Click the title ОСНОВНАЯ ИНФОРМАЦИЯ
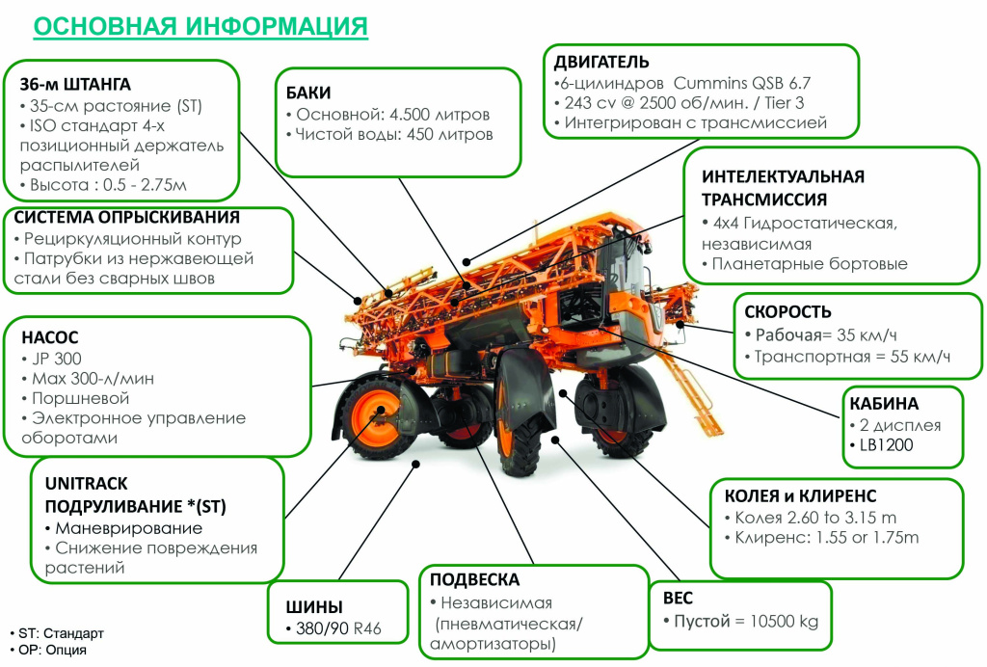click(200, 25)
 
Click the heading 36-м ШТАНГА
click(75, 84)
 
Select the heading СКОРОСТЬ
click(787, 312)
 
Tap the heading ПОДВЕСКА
click(474, 579)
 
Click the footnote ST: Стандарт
click(61, 633)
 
